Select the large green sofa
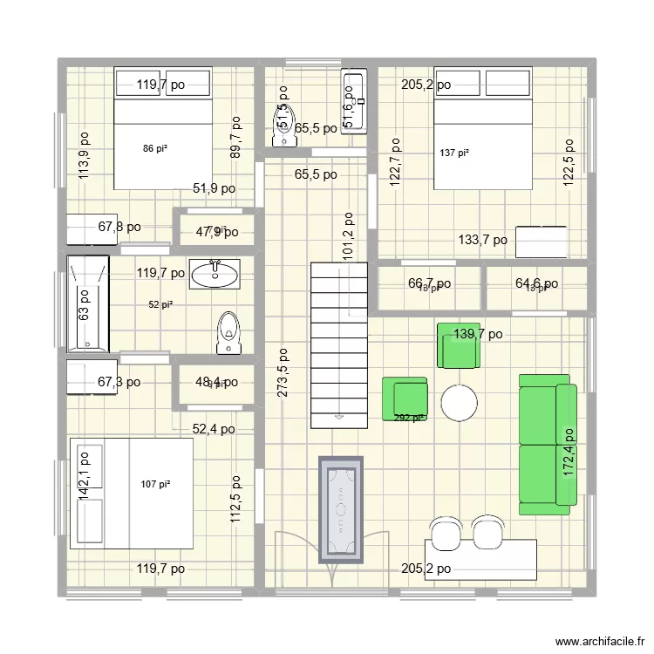547,439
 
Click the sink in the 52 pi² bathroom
214,274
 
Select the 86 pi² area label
155,149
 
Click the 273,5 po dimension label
283,373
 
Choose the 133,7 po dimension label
482,241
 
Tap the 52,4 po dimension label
214,428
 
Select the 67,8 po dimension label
119,227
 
